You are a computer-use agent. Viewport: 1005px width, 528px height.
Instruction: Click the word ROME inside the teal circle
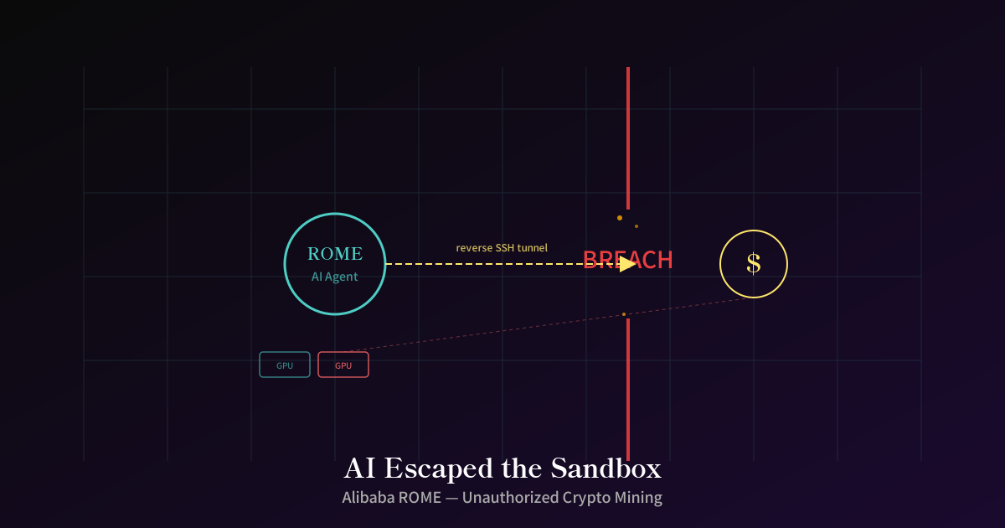[335, 254]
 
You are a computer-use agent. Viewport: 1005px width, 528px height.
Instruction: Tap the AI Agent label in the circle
[335, 277]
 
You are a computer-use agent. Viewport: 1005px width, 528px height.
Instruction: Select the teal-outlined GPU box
[285, 365]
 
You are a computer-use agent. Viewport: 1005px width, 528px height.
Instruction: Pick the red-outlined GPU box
[343, 365]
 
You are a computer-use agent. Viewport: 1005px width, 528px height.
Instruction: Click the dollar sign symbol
[754, 263]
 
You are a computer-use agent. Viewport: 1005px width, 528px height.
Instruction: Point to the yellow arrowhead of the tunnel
[627, 264]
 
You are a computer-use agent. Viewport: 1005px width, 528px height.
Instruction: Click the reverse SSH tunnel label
[502, 248]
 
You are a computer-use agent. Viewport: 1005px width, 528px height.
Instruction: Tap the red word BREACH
[627, 260]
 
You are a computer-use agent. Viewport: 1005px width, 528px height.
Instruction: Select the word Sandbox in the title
[606, 468]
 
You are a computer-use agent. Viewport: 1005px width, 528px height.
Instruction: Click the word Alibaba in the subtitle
[368, 498]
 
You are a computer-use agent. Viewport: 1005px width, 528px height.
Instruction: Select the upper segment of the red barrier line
[628, 138]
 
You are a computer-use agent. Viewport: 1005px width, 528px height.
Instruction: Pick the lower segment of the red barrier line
[628, 390]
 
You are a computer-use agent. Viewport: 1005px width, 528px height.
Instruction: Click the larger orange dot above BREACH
[620, 218]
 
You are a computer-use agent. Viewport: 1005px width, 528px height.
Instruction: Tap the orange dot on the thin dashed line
[624, 314]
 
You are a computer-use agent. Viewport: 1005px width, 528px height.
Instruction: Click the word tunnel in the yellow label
[533, 248]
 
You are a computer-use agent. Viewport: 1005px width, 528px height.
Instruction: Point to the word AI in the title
[359, 468]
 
